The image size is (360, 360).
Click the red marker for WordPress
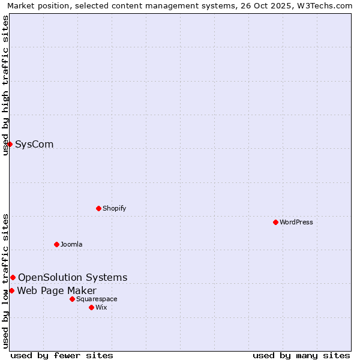click(275, 222)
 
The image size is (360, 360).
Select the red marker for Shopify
click(98, 208)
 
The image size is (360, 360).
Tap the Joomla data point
click(56, 244)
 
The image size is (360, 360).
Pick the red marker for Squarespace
click(72, 299)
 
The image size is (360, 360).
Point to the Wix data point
click(91, 307)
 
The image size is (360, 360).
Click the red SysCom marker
click(10, 144)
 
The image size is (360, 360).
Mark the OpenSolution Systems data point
click(13, 277)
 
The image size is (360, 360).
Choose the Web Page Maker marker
click(11, 290)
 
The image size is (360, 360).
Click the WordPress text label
click(296, 223)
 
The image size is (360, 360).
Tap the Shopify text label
click(114, 209)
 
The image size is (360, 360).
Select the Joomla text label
click(71, 245)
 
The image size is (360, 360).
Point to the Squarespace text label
click(97, 299)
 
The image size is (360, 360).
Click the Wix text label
click(101, 308)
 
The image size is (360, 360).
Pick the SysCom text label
click(34, 145)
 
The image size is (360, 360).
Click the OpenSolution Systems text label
click(73, 278)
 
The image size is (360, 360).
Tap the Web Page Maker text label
click(56, 291)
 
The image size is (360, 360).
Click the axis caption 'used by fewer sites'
click(62, 355)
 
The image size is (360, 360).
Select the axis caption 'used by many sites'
click(301, 355)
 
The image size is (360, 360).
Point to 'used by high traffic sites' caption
click(5, 85)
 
